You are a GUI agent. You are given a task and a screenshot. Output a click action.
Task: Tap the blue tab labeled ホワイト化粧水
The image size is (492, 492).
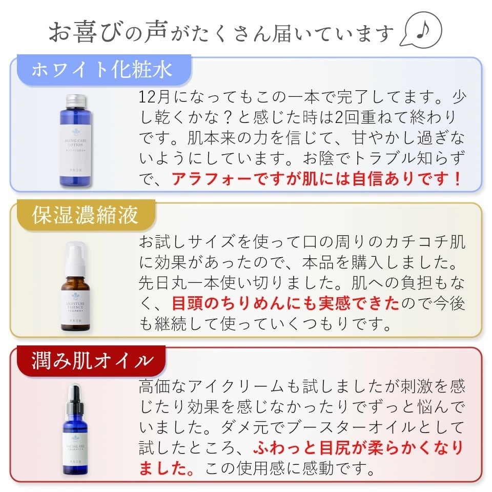pyautogui.click(x=102, y=69)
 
